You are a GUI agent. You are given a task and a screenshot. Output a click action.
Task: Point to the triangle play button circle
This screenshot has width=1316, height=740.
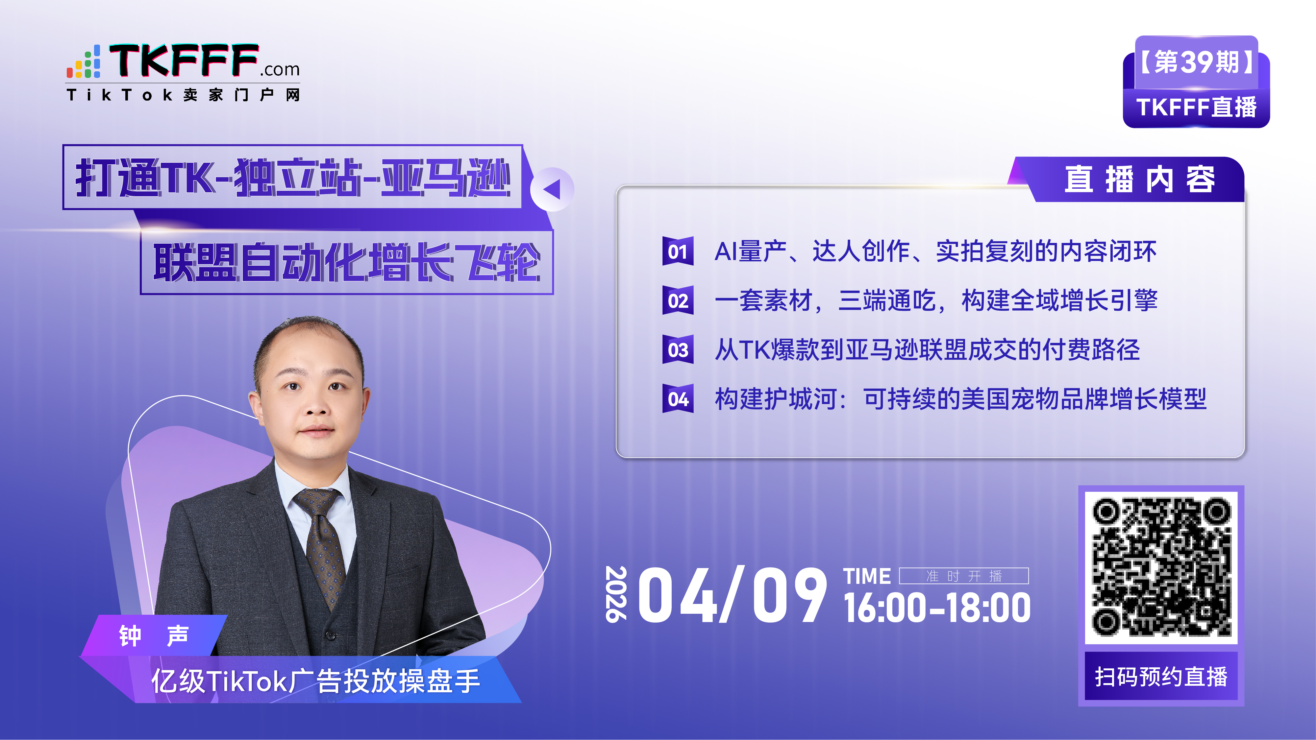point(552,189)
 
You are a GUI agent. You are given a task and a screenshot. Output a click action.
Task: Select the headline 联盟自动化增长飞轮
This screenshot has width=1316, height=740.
point(347,262)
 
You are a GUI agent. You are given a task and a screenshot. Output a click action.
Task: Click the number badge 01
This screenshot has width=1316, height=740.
point(678,251)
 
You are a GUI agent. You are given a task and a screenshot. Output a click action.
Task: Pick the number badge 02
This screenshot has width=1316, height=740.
point(678,300)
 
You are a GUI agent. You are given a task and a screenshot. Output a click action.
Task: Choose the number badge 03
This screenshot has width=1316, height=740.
point(678,349)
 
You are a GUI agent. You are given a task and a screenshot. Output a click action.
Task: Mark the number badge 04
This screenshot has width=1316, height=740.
point(678,398)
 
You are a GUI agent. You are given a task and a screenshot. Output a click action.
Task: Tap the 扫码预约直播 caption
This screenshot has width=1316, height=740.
point(1161,677)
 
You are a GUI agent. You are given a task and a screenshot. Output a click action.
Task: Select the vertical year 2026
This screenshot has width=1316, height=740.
point(616,594)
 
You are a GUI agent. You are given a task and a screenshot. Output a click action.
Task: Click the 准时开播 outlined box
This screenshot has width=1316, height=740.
point(963,576)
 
